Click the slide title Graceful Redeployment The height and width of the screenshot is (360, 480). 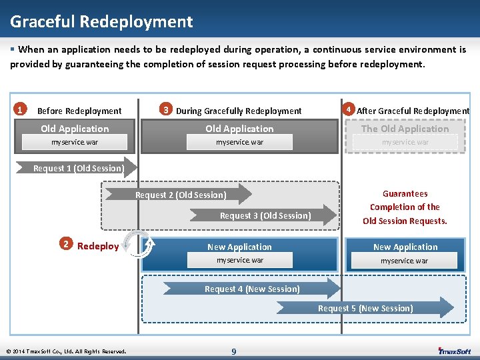click(101, 21)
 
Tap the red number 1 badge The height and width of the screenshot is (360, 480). click(21, 109)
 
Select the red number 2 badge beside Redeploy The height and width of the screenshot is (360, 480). click(65, 244)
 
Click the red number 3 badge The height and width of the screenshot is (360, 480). click(166, 109)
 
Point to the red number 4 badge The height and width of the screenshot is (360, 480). click(347, 109)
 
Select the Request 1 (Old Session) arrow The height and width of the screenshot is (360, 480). click(79, 168)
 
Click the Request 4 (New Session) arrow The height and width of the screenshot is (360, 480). click(253, 289)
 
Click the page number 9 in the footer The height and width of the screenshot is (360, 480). click(233, 351)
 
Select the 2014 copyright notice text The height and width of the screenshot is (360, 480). click(65, 351)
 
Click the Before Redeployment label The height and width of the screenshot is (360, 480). click(79, 111)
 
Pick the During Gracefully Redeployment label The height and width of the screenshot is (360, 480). click(239, 111)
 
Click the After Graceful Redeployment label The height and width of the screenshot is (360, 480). click(413, 111)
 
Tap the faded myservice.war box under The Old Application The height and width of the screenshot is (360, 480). click(405, 143)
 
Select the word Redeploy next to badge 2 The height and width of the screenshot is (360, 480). click(98, 246)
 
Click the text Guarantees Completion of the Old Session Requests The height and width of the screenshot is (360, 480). click(405, 207)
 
